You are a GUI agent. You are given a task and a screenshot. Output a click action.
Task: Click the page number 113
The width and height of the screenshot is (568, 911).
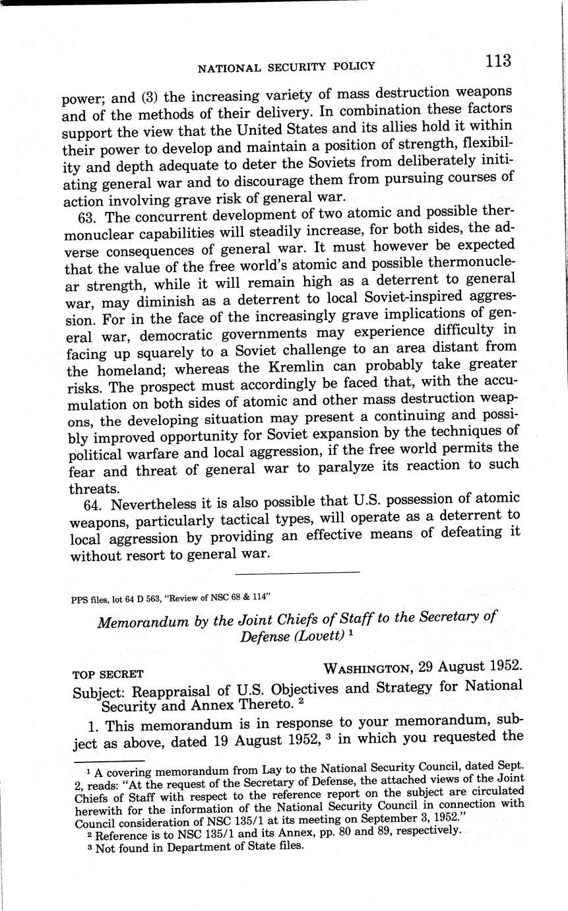point(497,60)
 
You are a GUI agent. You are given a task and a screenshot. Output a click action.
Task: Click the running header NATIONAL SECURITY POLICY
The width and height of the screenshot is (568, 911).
point(286,67)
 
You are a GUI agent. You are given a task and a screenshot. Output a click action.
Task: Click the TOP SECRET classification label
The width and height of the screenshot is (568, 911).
point(108,675)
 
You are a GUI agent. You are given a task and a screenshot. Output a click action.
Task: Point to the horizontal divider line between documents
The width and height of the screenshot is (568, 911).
point(297,572)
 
